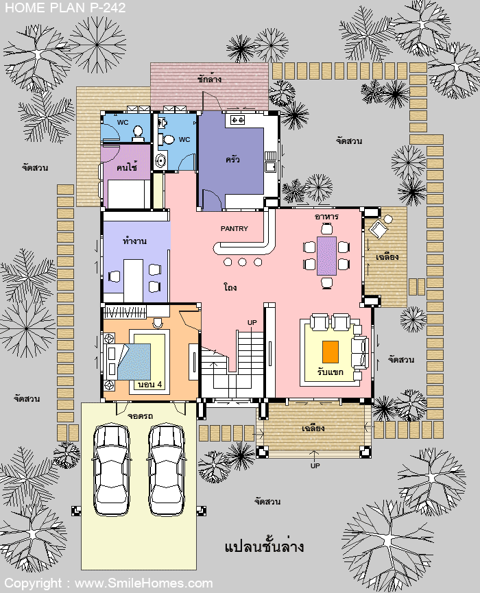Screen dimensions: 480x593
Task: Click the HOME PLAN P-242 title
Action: click(65, 8)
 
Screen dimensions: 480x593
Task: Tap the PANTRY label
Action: click(234, 228)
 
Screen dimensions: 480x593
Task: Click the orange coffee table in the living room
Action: click(331, 352)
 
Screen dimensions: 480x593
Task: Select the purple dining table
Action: click(326, 256)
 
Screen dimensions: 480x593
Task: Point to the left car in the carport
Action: click(112, 470)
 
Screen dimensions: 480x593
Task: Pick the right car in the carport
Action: click(167, 470)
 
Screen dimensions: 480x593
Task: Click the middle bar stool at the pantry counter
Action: click(243, 262)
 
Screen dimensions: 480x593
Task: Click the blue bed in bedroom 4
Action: click(134, 362)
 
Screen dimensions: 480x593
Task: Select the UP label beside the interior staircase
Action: click(252, 322)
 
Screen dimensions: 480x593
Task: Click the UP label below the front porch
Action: click(315, 465)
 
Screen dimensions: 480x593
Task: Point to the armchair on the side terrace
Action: click(379, 228)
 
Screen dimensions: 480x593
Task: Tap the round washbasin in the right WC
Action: click(161, 162)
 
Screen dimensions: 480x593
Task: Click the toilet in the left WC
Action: click(139, 132)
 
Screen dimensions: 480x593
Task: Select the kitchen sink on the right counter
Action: click(270, 167)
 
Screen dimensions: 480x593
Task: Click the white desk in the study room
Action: click(134, 279)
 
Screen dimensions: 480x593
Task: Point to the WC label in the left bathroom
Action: click(123, 122)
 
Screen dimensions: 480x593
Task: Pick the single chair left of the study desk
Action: click(114, 276)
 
